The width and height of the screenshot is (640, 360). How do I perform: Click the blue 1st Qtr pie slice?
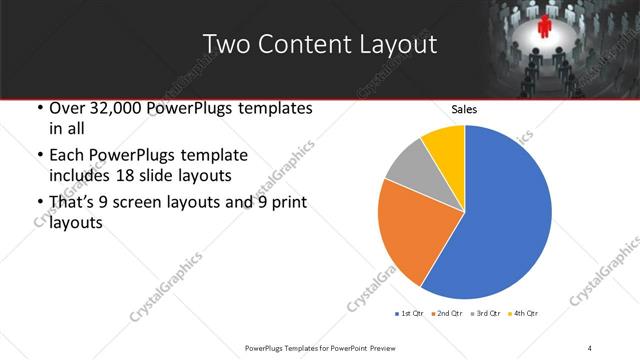tap(500, 220)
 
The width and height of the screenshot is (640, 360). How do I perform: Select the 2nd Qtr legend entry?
tap(449, 314)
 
